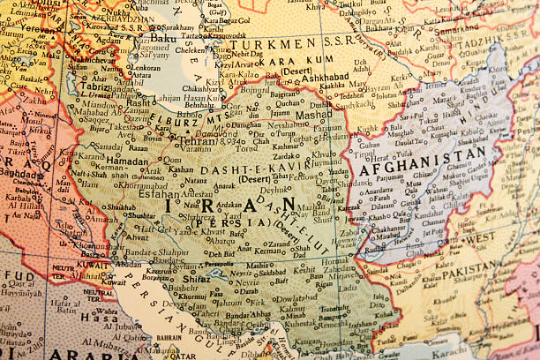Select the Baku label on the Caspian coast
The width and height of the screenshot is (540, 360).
tap(164, 38)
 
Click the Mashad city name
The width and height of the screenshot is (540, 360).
tap(313, 115)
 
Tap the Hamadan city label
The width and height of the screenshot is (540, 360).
tap(128, 161)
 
